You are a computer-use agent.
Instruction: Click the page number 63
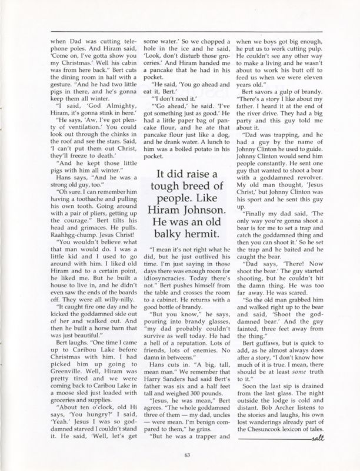(x=181, y=453)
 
